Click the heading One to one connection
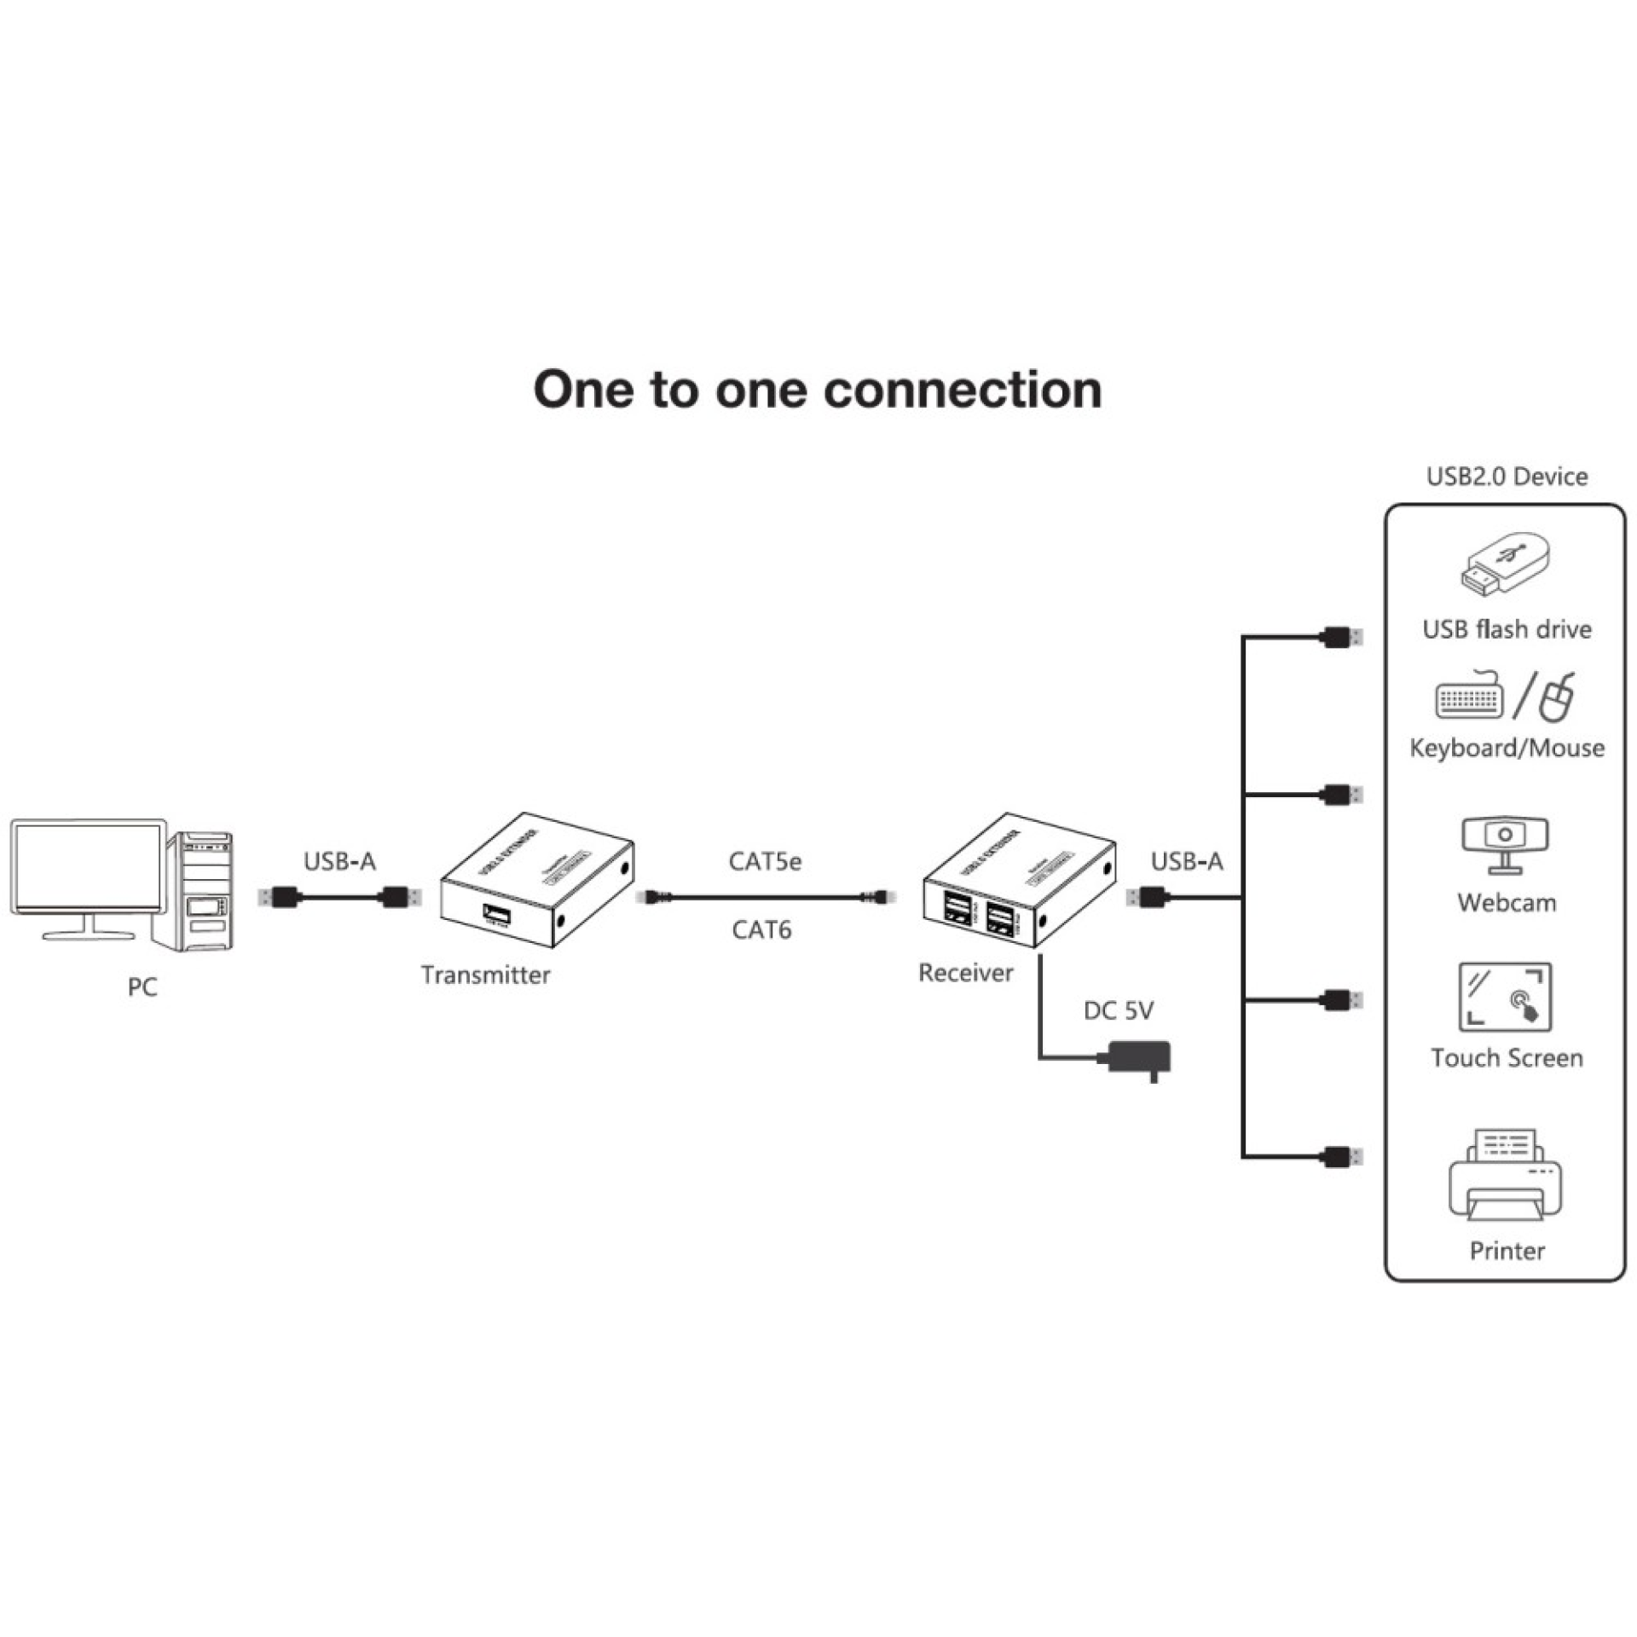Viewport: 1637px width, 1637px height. pos(817,390)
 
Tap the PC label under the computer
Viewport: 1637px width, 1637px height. pos(142,986)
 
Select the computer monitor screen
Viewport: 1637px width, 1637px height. pos(87,868)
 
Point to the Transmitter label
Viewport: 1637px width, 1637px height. pos(485,975)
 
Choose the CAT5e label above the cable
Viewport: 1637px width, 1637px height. pos(765,861)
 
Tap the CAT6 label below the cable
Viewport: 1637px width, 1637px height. pos(761,929)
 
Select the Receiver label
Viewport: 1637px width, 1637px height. pos(965,972)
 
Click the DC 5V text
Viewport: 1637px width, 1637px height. pos(1118,1010)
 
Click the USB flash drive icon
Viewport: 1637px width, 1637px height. pos(1506,564)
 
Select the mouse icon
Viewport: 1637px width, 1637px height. pos(1557,697)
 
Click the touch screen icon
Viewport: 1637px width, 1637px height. pos(1505,997)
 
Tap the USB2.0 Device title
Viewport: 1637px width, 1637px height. pos(1507,476)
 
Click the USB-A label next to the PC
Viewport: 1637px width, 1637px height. pos(339,861)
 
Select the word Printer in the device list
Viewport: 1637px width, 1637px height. pos(1507,1251)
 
